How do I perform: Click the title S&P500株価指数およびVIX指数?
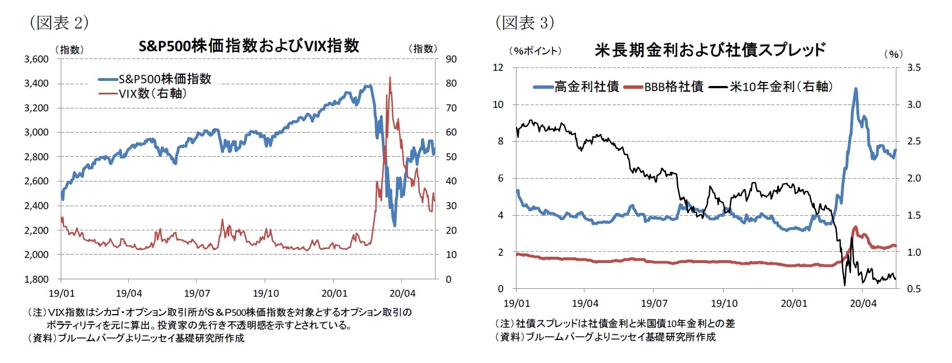click(x=248, y=46)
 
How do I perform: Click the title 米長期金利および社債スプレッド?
click(x=710, y=50)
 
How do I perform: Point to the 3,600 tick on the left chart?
click(x=36, y=59)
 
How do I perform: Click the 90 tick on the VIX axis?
click(x=451, y=59)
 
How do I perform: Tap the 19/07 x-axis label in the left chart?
click(x=197, y=293)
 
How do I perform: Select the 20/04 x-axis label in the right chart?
click(x=863, y=303)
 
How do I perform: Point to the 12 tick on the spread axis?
click(x=498, y=67)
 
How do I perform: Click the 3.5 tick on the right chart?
click(x=914, y=67)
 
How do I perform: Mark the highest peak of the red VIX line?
click(x=390, y=78)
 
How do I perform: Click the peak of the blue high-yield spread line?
click(x=855, y=89)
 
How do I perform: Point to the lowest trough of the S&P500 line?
click(x=395, y=225)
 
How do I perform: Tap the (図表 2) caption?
click(x=58, y=22)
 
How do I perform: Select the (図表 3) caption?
click(x=524, y=22)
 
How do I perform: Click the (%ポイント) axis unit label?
click(x=534, y=51)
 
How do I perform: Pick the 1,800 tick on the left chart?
click(x=36, y=279)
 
